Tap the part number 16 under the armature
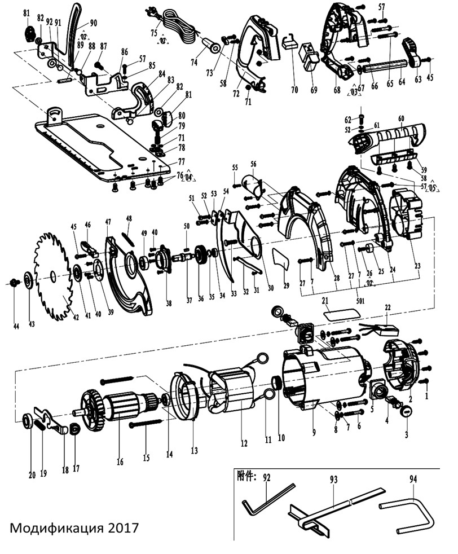pyautogui.click(x=120, y=462)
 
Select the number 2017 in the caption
pyautogui.click(x=120, y=529)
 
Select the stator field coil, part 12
pyautogui.click(x=234, y=395)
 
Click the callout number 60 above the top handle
pyautogui.click(x=401, y=120)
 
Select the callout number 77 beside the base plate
pyautogui.click(x=166, y=161)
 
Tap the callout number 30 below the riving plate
pyautogui.click(x=271, y=288)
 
